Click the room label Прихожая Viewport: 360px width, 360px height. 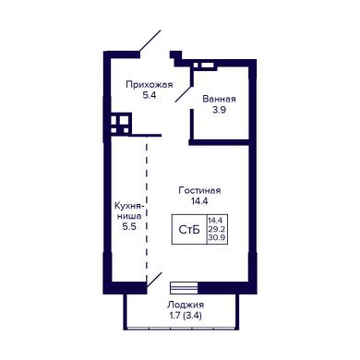pyautogui.click(x=150, y=85)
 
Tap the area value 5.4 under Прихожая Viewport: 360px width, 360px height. pyautogui.click(x=150, y=95)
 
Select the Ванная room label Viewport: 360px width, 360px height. pyautogui.click(x=220, y=99)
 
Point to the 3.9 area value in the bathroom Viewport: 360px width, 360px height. pyautogui.click(x=220, y=110)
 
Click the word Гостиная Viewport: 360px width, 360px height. pyautogui.click(x=199, y=190)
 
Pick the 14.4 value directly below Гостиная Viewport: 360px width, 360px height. pyautogui.click(x=199, y=201)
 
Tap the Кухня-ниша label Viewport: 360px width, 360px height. pyautogui.click(x=129, y=210)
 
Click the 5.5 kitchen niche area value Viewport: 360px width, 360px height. pyautogui.click(x=129, y=227)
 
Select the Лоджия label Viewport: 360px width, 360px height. pyautogui.click(x=186, y=305)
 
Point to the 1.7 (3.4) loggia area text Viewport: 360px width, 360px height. pyautogui.click(x=186, y=316)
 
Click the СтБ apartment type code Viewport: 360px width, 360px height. pyautogui.click(x=189, y=230)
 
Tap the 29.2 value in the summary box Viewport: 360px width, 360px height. pyautogui.click(x=217, y=229)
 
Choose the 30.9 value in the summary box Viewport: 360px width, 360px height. pyautogui.click(x=217, y=237)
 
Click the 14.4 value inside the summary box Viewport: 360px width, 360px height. pyautogui.click(x=217, y=221)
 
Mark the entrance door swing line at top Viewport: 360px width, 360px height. pyautogui.click(x=150, y=41)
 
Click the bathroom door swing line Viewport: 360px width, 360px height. pyautogui.click(x=184, y=93)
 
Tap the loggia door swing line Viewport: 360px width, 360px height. pyautogui.click(x=154, y=280)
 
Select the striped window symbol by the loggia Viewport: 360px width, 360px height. pyautogui.click(x=184, y=288)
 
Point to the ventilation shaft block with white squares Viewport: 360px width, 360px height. pyautogui.click(x=121, y=124)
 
